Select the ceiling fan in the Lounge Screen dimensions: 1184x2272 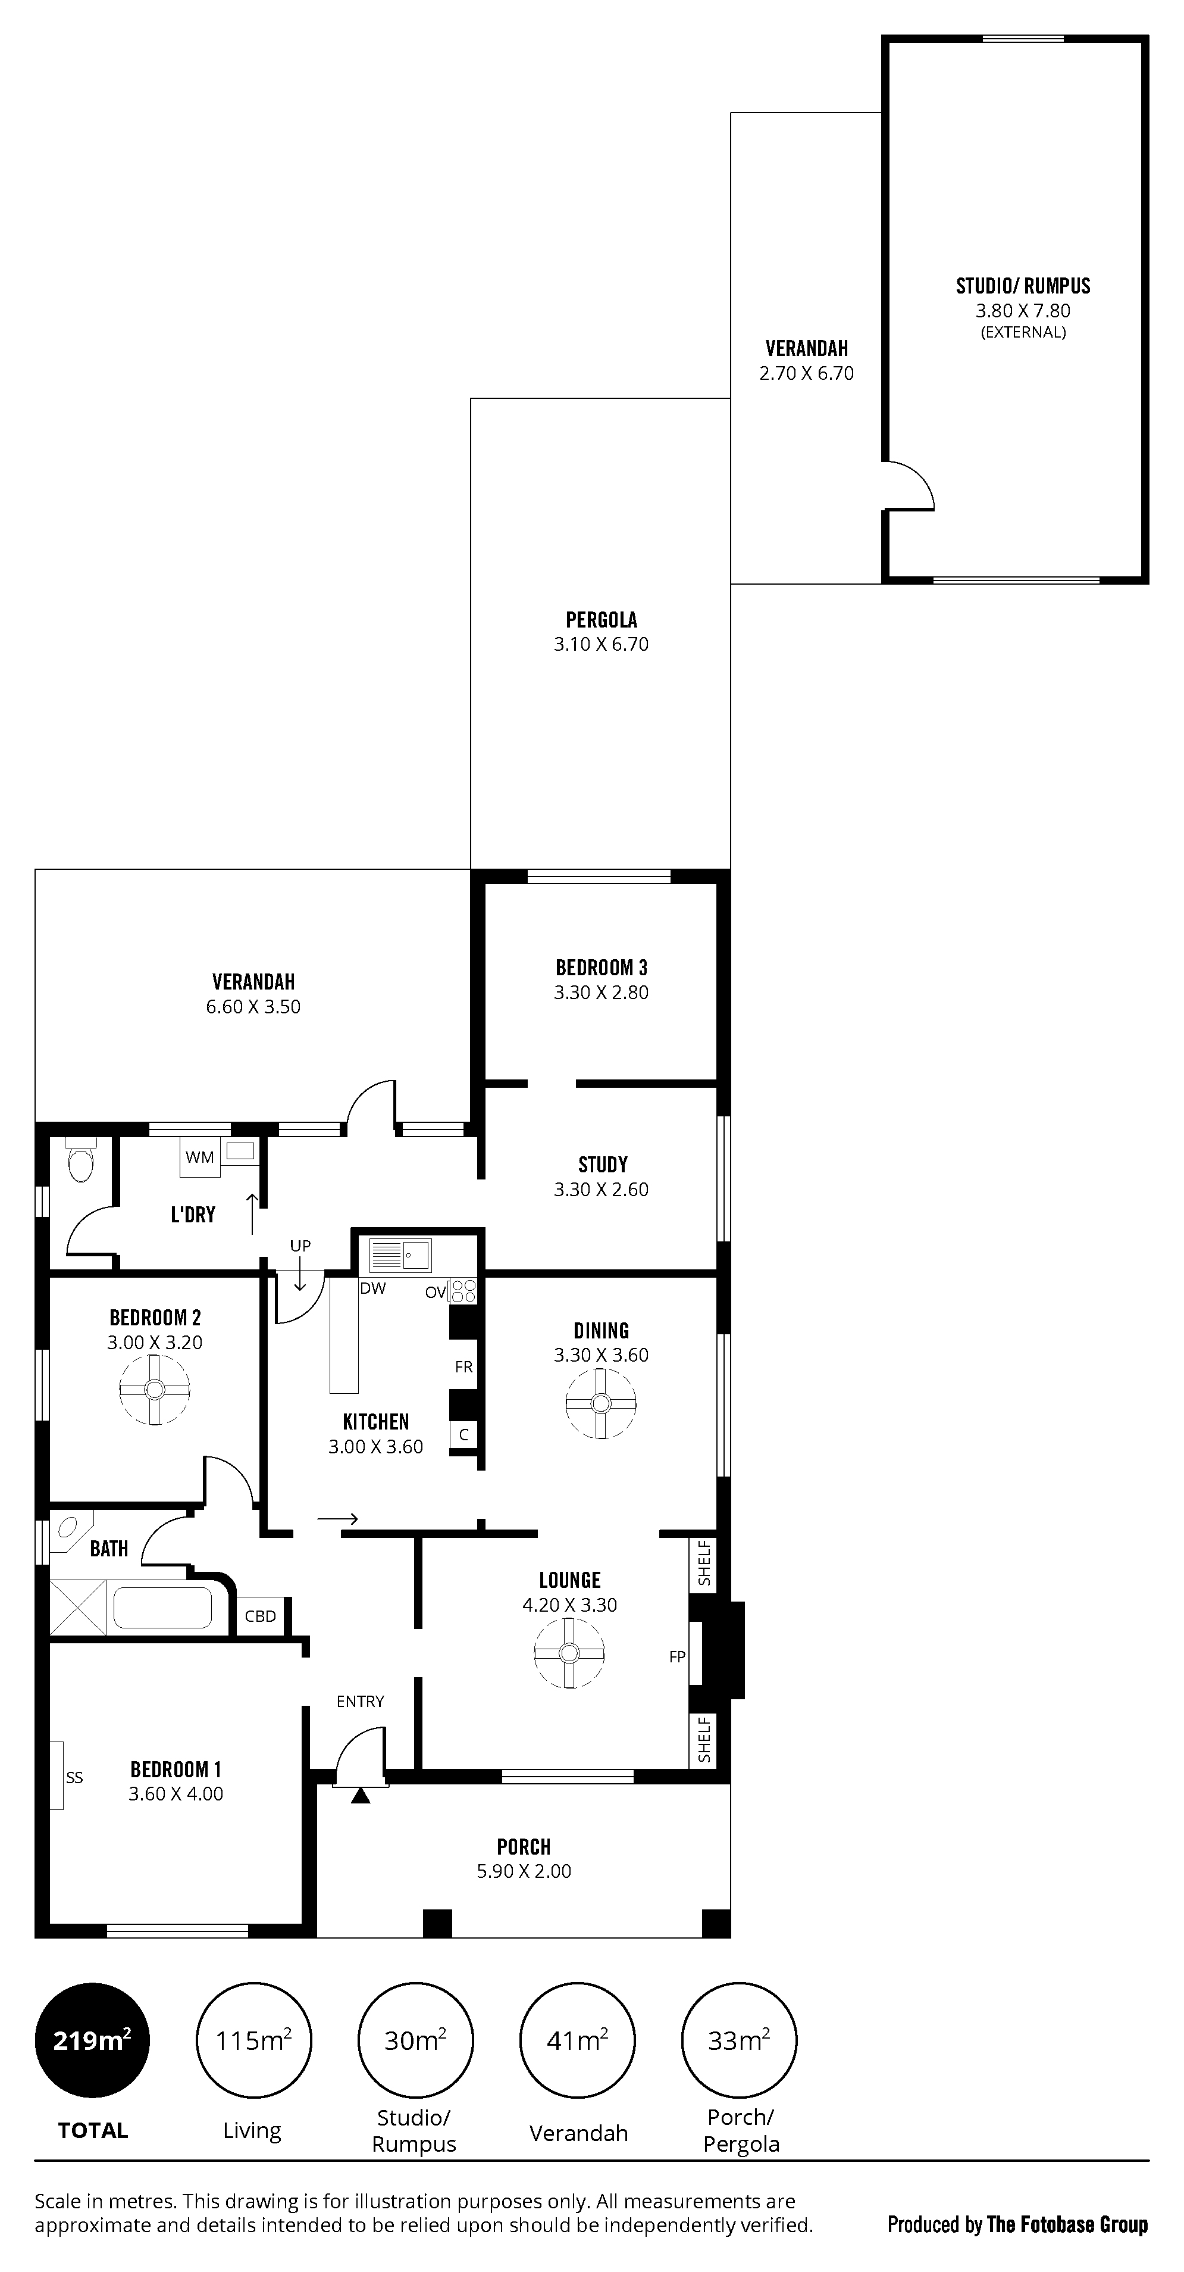pos(569,1654)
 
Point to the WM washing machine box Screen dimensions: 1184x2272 pos(200,1157)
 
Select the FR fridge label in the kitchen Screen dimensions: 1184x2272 pos(463,1367)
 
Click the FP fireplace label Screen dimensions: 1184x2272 pos(677,1656)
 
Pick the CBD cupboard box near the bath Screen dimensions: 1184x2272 pos(260,1616)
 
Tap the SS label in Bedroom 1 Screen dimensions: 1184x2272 pos(74,1777)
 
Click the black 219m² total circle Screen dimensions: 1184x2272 pos(93,2040)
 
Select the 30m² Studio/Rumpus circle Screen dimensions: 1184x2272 pos(415,2040)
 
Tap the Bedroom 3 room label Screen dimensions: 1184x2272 pos(602,968)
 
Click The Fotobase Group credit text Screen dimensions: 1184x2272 pos(1067,2224)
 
